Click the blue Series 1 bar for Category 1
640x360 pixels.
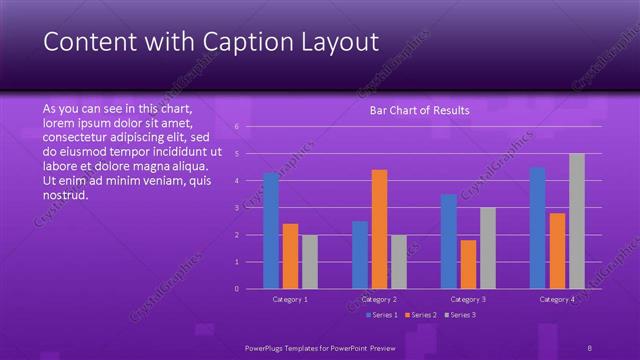pyautogui.click(x=271, y=231)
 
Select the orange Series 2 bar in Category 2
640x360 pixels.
pyautogui.click(x=379, y=229)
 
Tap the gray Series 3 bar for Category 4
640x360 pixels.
pyautogui.click(x=576, y=221)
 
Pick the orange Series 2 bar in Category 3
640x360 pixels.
pyautogui.click(x=468, y=264)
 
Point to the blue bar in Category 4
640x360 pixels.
pyautogui.click(x=537, y=228)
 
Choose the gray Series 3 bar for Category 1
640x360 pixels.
pyautogui.click(x=310, y=262)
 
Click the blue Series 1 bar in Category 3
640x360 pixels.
pyautogui.click(x=449, y=241)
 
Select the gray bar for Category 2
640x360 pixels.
pyautogui.click(x=399, y=262)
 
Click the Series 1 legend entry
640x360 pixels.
pyautogui.click(x=382, y=315)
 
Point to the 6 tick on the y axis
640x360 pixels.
pyautogui.click(x=236, y=127)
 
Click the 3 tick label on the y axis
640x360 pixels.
pyautogui.click(x=236, y=208)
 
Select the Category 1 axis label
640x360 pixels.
pyautogui.click(x=290, y=299)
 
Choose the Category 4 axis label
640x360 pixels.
pyautogui.click(x=557, y=299)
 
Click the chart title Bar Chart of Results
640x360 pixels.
pyautogui.click(x=419, y=110)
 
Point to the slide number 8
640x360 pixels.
pyautogui.click(x=589, y=347)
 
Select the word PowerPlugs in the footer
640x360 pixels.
pyautogui.click(x=267, y=347)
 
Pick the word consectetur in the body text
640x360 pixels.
pyautogui.click(x=78, y=136)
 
